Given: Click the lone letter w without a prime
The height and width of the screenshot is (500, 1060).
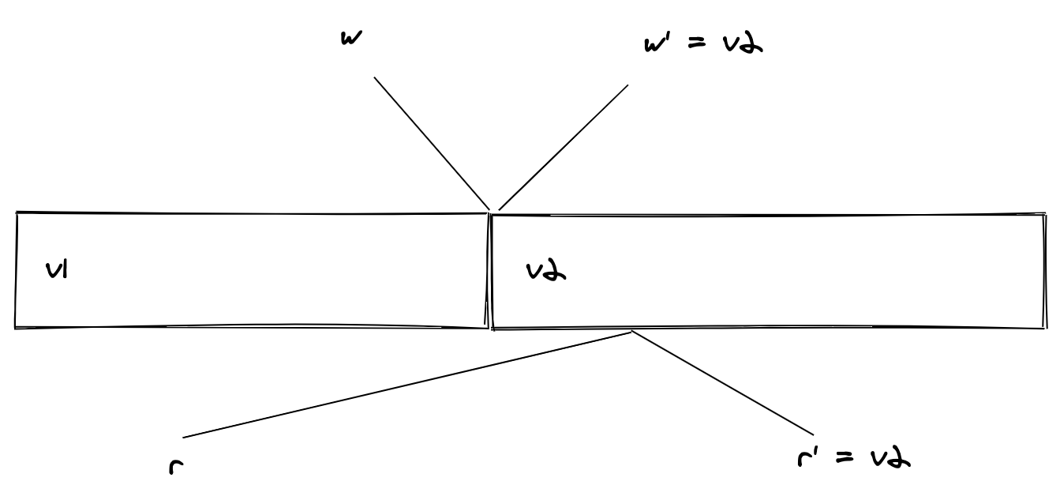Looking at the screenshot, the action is pyautogui.click(x=351, y=39).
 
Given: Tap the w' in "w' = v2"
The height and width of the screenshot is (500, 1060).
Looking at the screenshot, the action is pyautogui.click(x=656, y=43).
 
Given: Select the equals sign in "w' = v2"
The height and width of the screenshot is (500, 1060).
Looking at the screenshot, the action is pyautogui.click(x=697, y=43).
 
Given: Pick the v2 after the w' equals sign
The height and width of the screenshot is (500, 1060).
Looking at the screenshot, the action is pyautogui.click(x=743, y=44).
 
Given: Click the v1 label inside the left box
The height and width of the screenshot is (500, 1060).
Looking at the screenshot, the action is pyautogui.click(x=57, y=270).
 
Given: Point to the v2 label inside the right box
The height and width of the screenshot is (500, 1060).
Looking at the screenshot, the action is pyautogui.click(x=546, y=271).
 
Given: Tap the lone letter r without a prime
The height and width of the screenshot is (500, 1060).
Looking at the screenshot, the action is pyautogui.click(x=176, y=468).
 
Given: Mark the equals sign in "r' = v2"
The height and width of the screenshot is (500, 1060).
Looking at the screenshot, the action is pyautogui.click(x=845, y=457).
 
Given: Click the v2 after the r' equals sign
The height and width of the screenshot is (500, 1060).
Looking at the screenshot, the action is pyautogui.click(x=890, y=458).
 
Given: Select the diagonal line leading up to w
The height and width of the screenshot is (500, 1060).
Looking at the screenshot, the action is pyautogui.click(x=432, y=143).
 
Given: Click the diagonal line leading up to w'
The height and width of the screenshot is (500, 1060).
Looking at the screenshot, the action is pyautogui.click(x=563, y=147).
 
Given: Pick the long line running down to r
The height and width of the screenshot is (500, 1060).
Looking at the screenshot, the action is pyautogui.click(x=407, y=385).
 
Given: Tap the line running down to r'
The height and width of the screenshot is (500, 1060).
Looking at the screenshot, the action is pyautogui.click(x=723, y=382).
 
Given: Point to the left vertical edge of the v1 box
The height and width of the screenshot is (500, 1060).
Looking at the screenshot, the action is pyautogui.click(x=16, y=270).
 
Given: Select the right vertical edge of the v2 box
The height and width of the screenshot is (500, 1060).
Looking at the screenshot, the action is pyautogui.click(x=1045, y=271).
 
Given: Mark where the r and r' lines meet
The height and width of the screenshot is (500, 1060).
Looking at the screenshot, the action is pyautogui.click(x=631, y=332).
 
